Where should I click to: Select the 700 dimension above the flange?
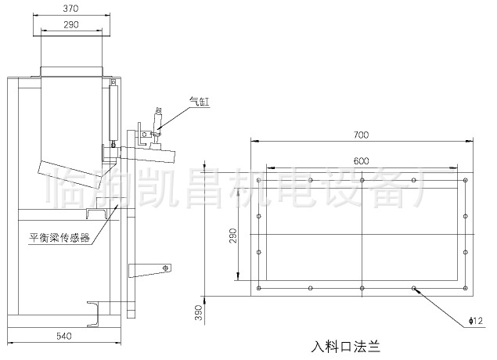[x=360, y=135]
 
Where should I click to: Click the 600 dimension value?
[x=360, y=160]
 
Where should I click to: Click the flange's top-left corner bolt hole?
[x=259, y=180]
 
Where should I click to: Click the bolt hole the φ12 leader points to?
[x=414, y=289]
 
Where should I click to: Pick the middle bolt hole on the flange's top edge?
[x=362, y=180]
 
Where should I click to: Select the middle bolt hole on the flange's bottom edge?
[x=362, y=289]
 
